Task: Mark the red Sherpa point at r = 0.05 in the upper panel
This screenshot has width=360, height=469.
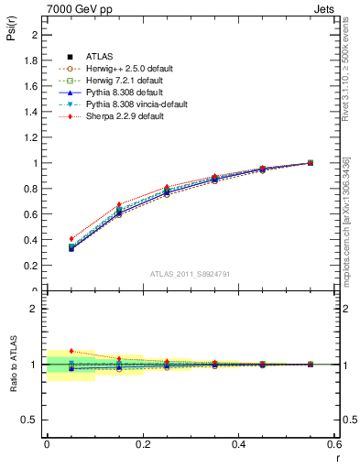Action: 71,238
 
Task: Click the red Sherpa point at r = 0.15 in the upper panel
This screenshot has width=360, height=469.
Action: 119,204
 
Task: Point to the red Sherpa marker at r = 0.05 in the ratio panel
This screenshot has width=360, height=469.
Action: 71,351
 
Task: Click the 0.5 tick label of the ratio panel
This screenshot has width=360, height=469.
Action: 29,420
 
